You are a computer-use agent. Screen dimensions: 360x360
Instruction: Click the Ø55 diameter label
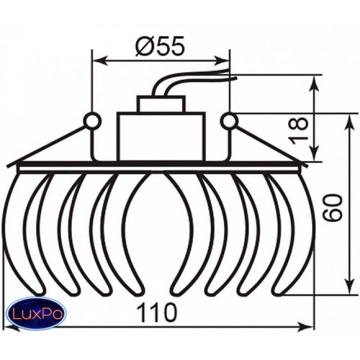tap(160, 45)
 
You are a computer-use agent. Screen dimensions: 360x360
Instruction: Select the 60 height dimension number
tap(333, 207)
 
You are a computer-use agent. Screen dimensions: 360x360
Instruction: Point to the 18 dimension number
tap(299, 130)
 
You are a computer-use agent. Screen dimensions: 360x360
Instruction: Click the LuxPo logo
tap(37, 313)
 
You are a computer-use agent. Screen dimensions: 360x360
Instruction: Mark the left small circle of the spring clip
tap(92, 121)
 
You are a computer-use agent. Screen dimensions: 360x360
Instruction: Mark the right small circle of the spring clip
tap(230, 121)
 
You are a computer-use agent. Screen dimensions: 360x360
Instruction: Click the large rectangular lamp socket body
tap(161, 137)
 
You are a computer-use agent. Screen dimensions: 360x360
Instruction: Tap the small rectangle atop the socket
tap(161, 104)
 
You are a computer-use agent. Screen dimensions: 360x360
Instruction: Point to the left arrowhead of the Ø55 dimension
tap(100, 60)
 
